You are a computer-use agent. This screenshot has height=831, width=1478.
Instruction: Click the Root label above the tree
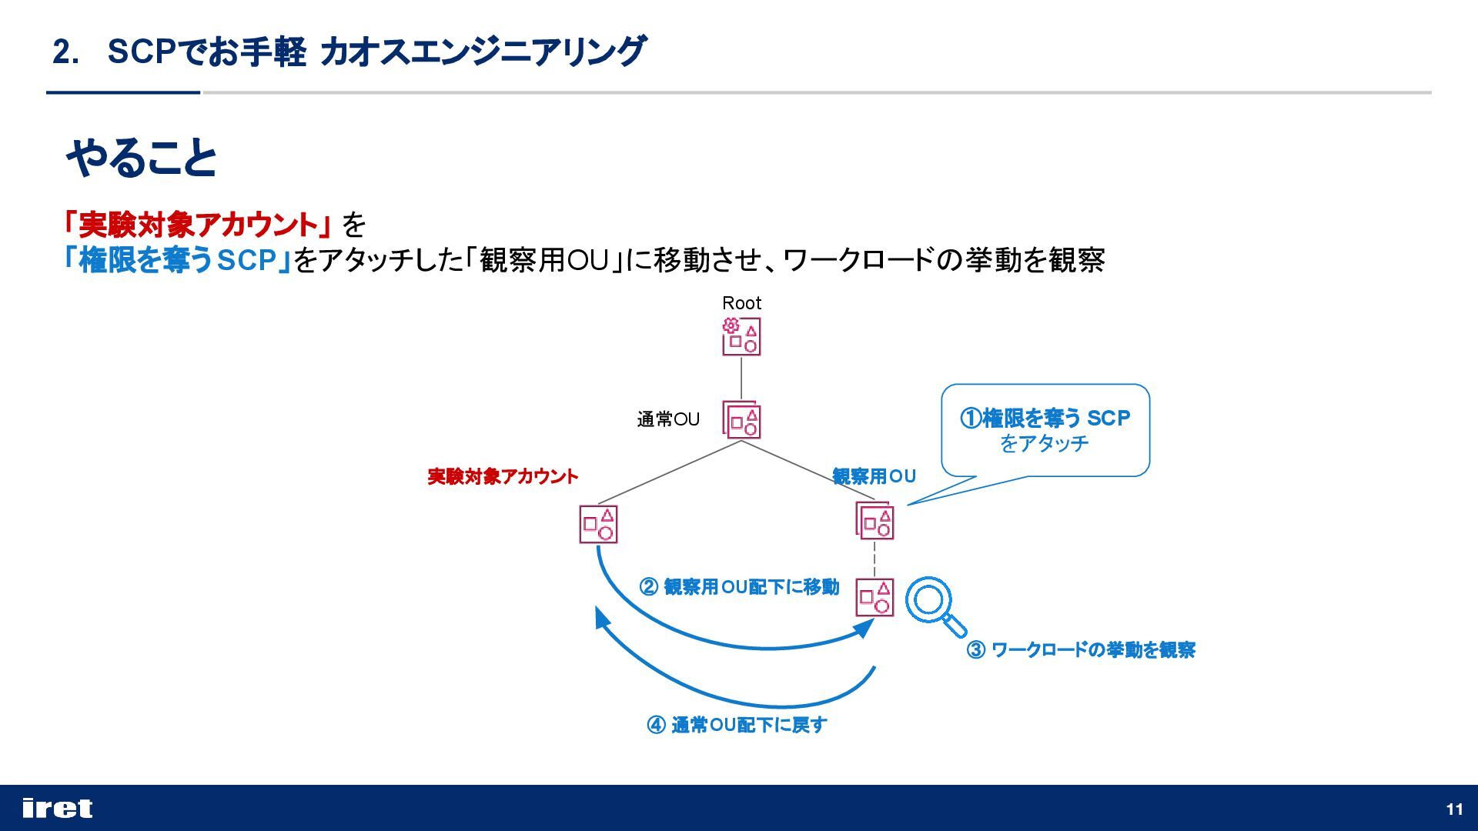741,303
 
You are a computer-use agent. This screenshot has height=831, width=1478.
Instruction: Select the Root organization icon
741,337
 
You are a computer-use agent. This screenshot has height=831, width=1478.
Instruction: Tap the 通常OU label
667,419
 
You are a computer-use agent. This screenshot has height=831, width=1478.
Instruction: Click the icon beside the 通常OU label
741,420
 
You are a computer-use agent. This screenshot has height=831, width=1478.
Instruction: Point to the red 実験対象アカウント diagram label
502,477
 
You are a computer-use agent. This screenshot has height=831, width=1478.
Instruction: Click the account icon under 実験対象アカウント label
598,524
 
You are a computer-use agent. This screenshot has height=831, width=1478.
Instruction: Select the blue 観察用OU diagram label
874,476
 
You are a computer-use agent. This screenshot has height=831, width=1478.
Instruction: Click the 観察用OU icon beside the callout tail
874,521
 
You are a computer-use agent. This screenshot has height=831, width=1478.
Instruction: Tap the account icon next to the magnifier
874,598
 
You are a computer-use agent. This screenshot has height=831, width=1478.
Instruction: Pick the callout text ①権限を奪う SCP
1045,419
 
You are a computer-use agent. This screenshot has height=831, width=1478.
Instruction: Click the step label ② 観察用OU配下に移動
739,587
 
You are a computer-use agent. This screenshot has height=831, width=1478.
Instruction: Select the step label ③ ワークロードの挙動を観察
1081,650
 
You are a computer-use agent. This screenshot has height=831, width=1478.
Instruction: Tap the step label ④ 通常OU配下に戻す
737,725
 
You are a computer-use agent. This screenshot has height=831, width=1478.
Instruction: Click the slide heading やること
142,159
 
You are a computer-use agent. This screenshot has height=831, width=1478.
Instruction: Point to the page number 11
1454,809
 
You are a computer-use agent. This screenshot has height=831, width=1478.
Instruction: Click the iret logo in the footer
58,808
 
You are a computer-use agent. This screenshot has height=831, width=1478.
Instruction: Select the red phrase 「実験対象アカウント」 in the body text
197,225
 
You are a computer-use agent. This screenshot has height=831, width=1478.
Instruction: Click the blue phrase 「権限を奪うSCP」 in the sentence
178,260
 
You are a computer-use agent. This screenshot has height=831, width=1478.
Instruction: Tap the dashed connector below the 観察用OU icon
874,559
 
